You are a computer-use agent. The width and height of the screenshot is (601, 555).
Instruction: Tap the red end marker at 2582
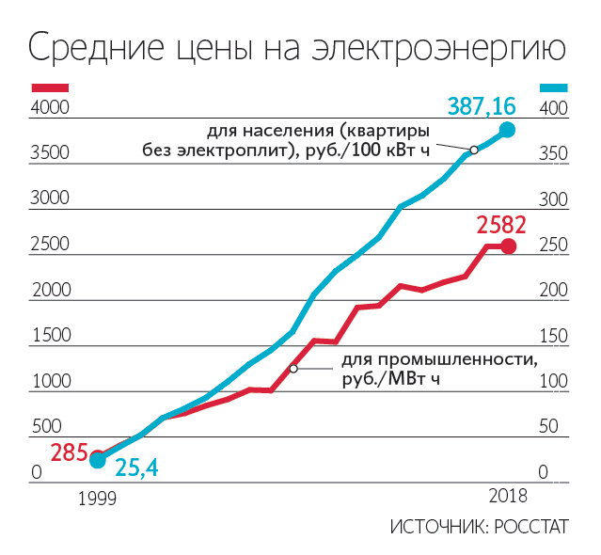[x=508, y=246]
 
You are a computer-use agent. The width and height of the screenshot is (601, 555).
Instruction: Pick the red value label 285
[x=69, y=453]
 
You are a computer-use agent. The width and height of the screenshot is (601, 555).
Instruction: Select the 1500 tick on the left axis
[x=50, y=336]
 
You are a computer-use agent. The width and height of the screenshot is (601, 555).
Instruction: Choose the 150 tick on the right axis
[x=551, y=336]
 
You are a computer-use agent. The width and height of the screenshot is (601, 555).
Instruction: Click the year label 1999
[x=96, y=497]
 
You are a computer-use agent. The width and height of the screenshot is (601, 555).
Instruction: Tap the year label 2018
[x=507, y=496]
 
